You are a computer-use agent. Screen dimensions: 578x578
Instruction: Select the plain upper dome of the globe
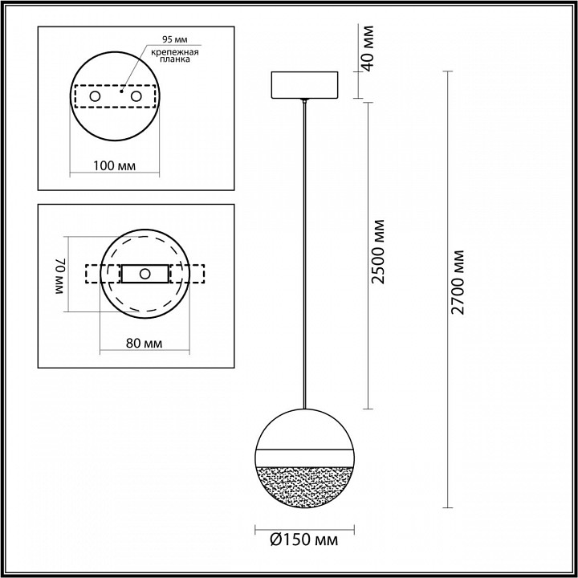pyautogui.click(x=304, y=425)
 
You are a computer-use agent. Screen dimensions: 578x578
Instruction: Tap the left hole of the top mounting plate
pyautogui.click(x=96, y=96)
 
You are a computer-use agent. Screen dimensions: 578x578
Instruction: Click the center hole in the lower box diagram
pyautogui.click(x=144, y=274)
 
